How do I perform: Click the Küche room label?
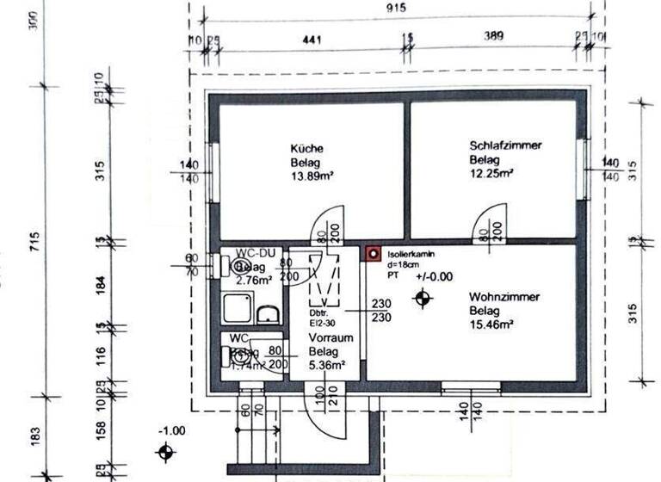pos(306,147)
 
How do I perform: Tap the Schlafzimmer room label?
pos(505,145)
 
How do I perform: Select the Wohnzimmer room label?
pos(504,297)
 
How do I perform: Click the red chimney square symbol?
pos(373,254)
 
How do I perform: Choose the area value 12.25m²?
pos(491,173)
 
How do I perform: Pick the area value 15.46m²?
pos(491,324)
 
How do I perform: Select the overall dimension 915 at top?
pos(397,7)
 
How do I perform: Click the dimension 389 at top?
pos(495,38)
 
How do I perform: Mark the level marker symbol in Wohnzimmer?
pos(423,298)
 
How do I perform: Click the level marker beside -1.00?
pos(165,452)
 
